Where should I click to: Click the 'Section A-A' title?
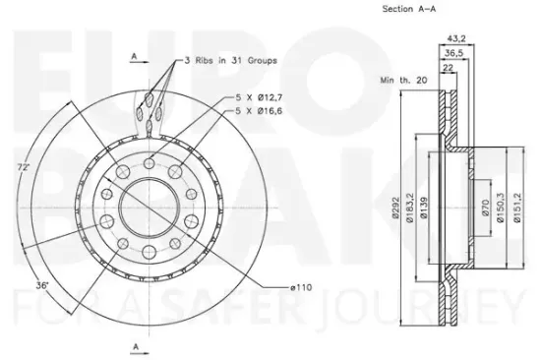point(409,9)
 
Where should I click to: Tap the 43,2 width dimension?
point(456,38)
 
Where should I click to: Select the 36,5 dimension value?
point(453,53)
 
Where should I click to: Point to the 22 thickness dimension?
point(448,68)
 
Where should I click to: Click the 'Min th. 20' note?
point(403,81)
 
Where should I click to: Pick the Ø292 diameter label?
point(395,208)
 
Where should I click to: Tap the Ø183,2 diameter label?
point(410,208)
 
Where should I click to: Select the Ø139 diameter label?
point(424,208)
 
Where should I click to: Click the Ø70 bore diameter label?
point(486,208)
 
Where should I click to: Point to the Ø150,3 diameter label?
point(501,208)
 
